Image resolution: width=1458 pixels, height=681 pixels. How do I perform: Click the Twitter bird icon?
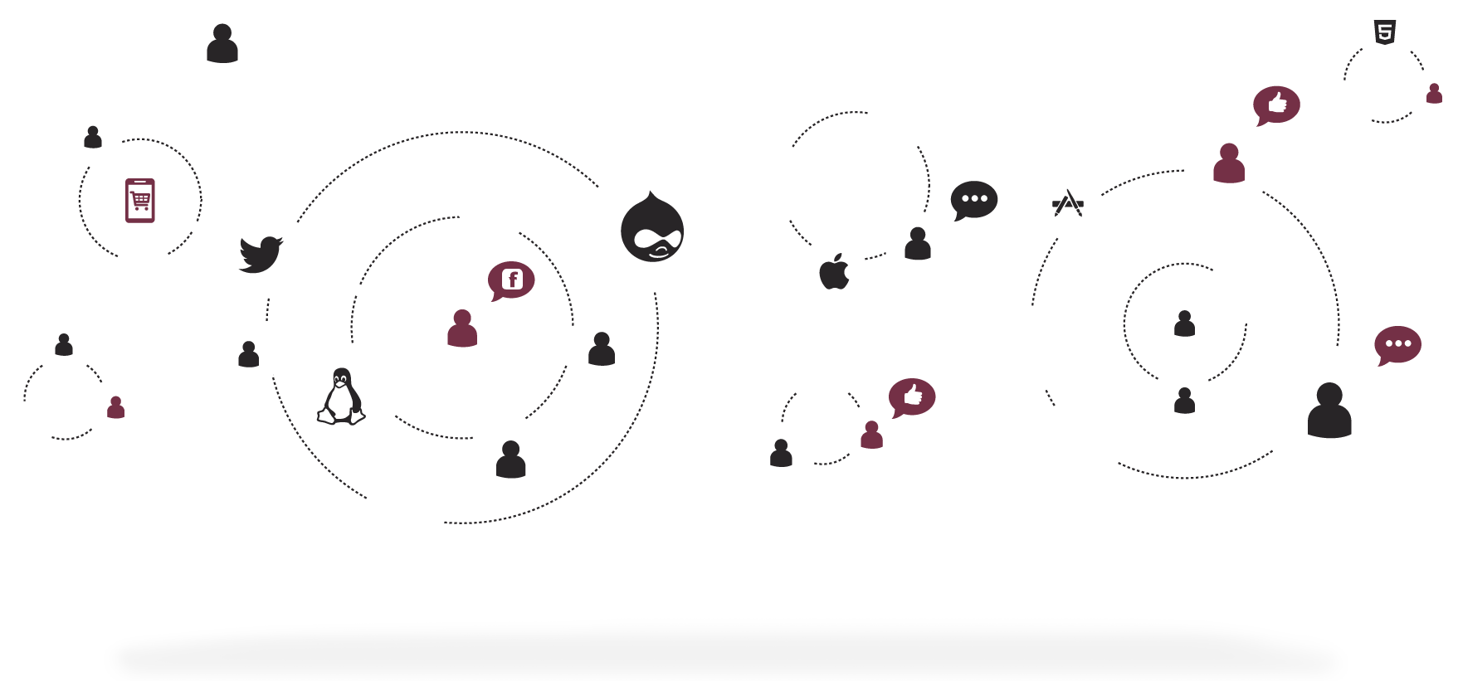coord(260,253)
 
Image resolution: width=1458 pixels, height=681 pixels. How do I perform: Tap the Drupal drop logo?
coord(652,226)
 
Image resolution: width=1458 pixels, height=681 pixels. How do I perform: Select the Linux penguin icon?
coord(341,396)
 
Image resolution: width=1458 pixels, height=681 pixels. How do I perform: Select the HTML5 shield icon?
coord(1384,32)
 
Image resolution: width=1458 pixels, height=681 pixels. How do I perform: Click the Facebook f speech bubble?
coord(511,280)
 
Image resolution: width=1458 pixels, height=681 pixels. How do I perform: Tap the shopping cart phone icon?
coord(139,200)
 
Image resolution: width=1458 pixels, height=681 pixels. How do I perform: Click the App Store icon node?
coord(1068,205)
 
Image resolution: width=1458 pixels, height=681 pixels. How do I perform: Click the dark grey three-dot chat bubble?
coord(973,199)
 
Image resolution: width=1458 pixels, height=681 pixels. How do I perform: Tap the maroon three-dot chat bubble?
coord(1397,344)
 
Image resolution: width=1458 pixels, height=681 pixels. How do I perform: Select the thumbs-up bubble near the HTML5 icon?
coord(1276,105)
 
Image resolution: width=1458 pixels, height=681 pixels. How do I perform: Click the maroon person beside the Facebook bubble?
coord(462,328)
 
